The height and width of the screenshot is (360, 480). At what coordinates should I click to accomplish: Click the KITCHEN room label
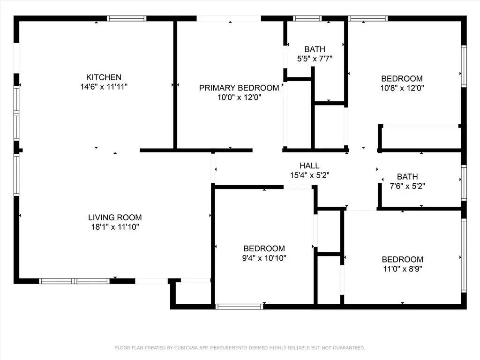point(104,77)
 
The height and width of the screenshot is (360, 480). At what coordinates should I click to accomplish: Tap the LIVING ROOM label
point(115,217)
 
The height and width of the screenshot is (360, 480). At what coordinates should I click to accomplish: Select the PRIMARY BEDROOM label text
point(239,88)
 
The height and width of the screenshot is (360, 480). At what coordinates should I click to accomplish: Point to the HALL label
point(309,165)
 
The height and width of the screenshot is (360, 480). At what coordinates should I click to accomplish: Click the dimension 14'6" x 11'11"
point(104,87)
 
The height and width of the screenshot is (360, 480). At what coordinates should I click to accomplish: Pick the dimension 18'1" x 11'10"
point(115,227)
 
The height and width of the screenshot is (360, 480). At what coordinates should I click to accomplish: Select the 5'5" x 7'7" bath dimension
point(315,59)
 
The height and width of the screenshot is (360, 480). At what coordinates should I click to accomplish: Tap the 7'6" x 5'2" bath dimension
point(407,186)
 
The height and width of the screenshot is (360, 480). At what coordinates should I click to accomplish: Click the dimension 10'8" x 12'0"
point(402,88)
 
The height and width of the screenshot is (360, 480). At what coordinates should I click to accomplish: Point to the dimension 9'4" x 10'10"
point(264,258)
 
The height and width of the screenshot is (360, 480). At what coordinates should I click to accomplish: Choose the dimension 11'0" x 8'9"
point(403,269)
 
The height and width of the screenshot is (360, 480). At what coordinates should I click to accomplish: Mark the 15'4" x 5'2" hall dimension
point(309,175)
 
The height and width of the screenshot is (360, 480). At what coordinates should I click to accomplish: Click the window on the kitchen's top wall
point(127,18)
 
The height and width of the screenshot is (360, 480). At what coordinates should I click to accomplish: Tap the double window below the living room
point(74,281)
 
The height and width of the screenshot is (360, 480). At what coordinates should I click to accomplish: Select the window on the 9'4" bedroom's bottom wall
point(240,307)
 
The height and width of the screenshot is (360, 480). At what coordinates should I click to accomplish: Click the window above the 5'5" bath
point(307,18)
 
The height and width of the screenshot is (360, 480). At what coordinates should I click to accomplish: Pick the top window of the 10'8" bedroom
point(368,18)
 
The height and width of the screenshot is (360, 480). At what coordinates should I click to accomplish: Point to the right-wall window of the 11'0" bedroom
point(464,255)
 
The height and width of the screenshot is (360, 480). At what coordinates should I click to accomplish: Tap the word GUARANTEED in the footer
point(349,348)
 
